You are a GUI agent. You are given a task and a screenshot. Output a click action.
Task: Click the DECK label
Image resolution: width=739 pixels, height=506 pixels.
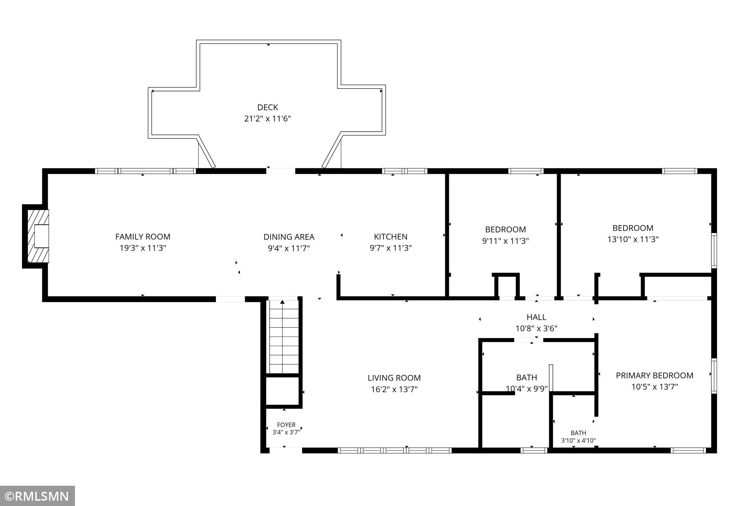pos(268,107)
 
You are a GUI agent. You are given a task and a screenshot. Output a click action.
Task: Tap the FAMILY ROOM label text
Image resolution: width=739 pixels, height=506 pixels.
pos(143,236)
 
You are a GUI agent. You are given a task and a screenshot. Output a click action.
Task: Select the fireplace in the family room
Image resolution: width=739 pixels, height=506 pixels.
pos(36,236)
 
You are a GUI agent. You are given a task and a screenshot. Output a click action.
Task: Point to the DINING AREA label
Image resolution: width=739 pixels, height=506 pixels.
pos(289,236)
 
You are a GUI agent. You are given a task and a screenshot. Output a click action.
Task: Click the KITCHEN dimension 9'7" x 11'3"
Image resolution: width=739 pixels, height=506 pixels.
pos(390,248)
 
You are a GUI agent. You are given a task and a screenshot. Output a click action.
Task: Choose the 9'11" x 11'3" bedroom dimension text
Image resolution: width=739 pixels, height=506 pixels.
pos(505,241)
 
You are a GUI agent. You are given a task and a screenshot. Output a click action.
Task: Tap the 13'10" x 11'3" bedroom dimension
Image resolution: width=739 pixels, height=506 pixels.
pos(633,239)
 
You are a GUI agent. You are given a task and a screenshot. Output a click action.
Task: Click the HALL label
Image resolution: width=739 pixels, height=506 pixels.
pos(536,317)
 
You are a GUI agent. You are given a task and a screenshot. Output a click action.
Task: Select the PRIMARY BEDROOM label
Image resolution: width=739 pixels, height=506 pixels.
pos(654,375)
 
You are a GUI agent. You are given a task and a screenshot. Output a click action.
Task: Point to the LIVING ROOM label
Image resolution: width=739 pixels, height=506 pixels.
pos(394,378)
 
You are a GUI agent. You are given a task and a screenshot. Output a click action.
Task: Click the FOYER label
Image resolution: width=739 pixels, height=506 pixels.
pos(286,425)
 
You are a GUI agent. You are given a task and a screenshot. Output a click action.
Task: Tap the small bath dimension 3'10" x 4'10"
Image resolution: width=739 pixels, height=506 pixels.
pos(578,441)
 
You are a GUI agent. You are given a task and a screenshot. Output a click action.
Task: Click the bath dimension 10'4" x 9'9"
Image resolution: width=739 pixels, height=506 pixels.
pos(527,388)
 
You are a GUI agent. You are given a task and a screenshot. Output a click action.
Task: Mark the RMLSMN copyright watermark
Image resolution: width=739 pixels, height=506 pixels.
pos(37,496)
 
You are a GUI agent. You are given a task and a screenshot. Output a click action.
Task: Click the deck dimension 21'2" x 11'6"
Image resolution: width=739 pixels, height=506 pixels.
pos(268,119)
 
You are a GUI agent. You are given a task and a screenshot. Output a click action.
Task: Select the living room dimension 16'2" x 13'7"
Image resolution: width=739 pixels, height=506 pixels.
pos(394,389)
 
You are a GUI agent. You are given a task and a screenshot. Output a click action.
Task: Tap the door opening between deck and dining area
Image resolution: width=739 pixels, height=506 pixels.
pos(281,171)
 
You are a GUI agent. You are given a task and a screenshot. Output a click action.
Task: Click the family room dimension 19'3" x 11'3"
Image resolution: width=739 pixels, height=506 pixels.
pos(143,248)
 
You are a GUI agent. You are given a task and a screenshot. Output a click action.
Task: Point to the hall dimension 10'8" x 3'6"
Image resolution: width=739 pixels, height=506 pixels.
pos(536,328)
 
